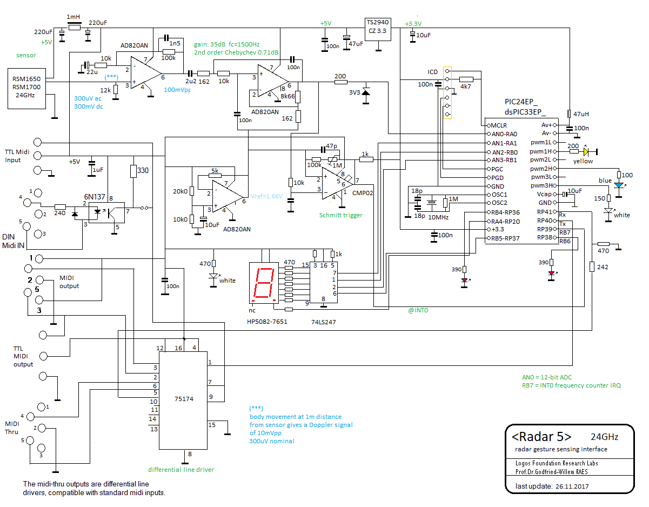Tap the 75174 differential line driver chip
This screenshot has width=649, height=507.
[x=183, y=399]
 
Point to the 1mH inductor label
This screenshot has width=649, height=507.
[x=73, y=17]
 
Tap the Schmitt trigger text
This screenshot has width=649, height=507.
[x=340, y=215]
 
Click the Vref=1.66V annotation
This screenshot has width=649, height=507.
[x=266, y=196]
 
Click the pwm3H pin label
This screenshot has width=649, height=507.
[x=540, y=185]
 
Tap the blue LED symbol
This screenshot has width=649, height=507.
[x=618, y=185]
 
